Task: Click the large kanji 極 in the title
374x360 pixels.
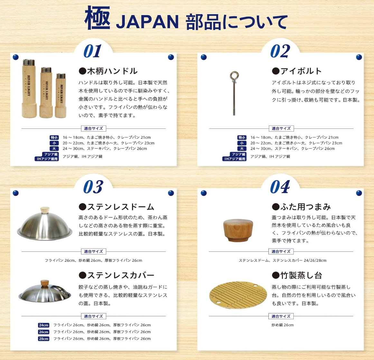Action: click(98, 18)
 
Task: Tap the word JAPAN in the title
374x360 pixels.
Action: click(147, 22)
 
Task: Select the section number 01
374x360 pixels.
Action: click(93, 51)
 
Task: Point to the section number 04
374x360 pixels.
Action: click(280, 186)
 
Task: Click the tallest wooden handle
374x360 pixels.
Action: click(29, 88)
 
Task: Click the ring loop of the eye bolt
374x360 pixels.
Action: click(234, 76)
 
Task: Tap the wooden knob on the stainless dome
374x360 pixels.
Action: click(45, 210)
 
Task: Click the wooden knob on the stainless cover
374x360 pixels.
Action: click(45, 283)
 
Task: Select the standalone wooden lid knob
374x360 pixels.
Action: click(238, 230)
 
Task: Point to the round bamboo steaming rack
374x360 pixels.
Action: click(238, 295)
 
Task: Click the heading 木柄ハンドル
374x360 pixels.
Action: click(108, 71)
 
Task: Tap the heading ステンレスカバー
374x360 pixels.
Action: click(117, 275)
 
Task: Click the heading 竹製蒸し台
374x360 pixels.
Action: click(297, 275)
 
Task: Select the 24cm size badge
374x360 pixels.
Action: click(44, 325)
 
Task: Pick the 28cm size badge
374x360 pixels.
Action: click(44, 339)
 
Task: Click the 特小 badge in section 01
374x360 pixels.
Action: click(54, 138)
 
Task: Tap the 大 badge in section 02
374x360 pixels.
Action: click(242, 149)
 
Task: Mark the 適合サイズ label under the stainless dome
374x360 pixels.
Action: click(93, 252)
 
